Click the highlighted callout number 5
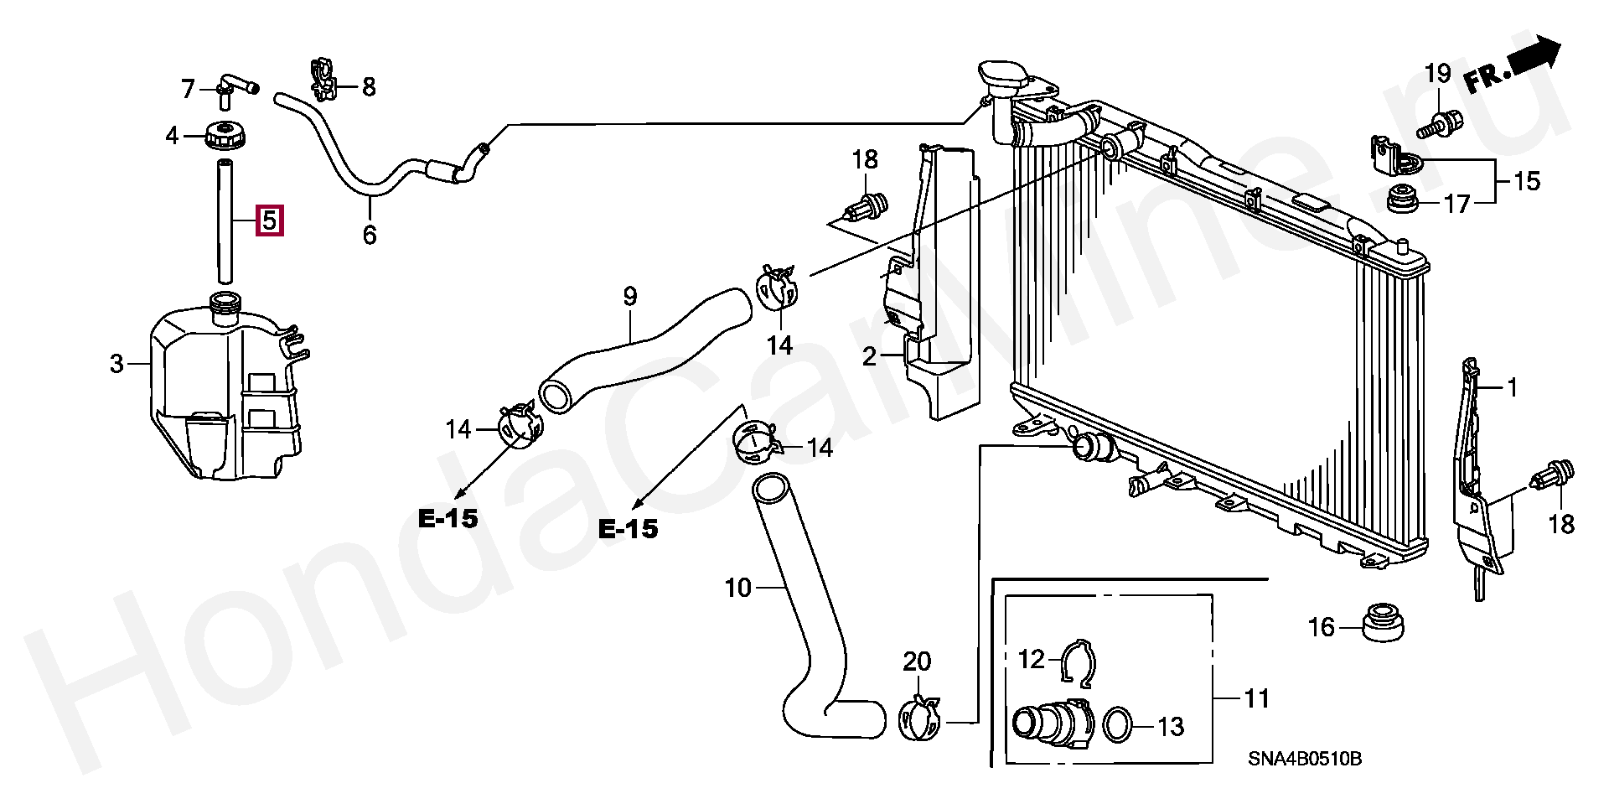(x=269, y=220)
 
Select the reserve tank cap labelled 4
(x=223, y=134)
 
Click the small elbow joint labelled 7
(x=234, y=86)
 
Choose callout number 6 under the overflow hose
(x=370, y=235)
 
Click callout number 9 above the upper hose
(x=630, y=296)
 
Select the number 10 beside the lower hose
(x=737, y=589)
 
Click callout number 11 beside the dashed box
(x=1257, y=698)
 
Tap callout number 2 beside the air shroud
(x=869, y=357)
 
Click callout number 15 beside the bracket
(x=1527, y=181)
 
